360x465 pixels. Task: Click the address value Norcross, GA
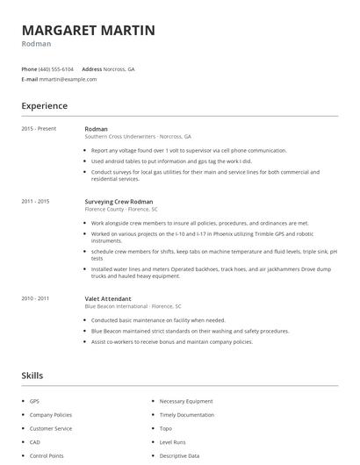(x=119, y=68)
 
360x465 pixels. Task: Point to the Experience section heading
(x=44, y=106)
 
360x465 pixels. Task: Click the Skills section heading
(x=32, y=376)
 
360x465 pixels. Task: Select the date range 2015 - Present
(x=39, y=129)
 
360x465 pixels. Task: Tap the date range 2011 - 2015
(x=35, y=202)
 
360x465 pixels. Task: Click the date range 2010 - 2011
(x=35, y=298)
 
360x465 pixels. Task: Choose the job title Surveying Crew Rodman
(x=119, y=202)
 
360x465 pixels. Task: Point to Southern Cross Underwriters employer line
(x=137, y=137)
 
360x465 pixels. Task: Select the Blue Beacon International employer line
(x=133, y=306)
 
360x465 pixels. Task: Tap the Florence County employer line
(x=121, y=210)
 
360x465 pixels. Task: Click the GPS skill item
(x=34, y=401)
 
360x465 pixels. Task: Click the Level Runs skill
(x=172, y=443)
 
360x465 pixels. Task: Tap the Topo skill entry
(x=165, y=429)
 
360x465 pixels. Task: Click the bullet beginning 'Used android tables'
(x=171, y=161)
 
